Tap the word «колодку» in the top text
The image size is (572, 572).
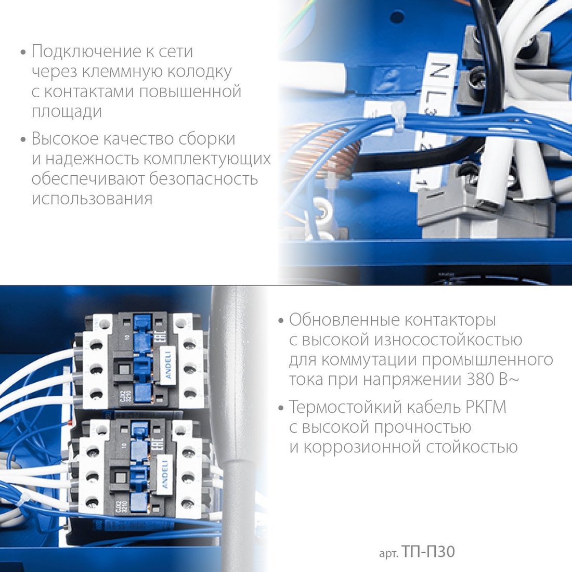199,72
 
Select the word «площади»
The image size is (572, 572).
67,112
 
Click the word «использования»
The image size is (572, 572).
92,199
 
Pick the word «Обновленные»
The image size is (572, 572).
344,320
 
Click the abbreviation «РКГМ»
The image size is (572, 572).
486,407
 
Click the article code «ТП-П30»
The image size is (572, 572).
428,552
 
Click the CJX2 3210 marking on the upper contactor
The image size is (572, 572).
124,397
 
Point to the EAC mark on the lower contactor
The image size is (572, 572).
158,444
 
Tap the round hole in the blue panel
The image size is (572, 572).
397,17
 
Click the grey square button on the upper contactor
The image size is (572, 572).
124,370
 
